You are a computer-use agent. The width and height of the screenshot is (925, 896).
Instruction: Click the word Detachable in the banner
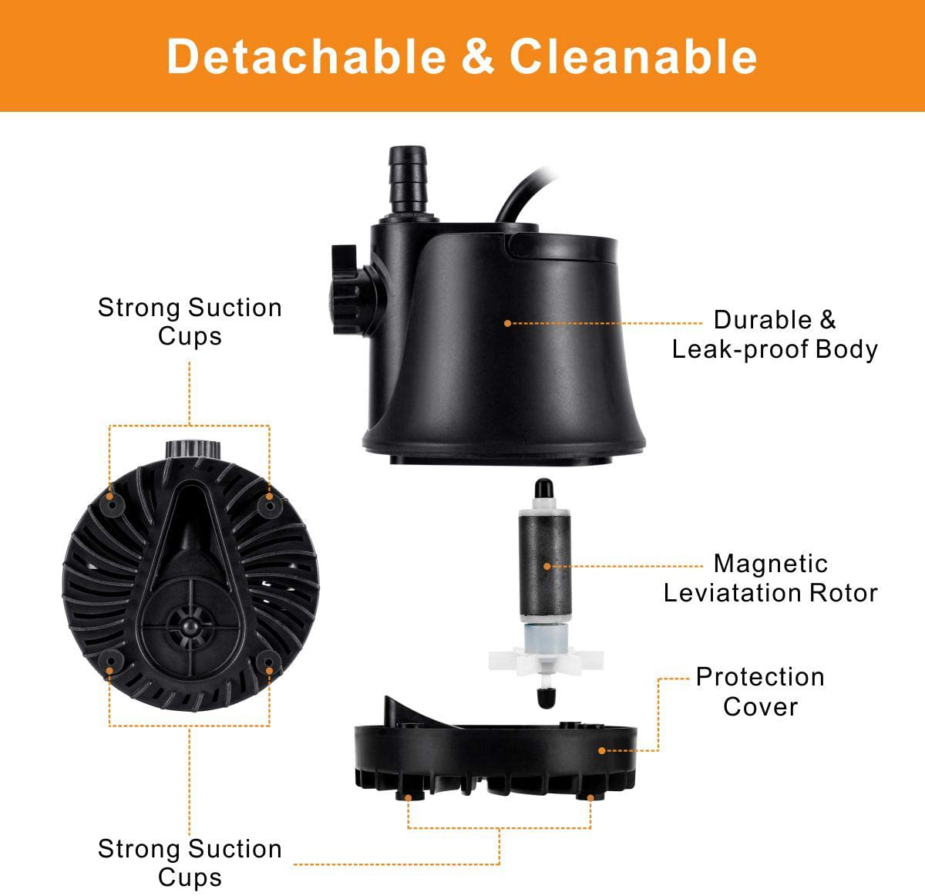click(x=306, y=56)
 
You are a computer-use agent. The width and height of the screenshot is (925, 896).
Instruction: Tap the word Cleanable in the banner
click(x=633, y=56)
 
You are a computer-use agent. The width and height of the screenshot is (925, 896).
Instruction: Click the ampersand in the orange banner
click(x=477, y=56)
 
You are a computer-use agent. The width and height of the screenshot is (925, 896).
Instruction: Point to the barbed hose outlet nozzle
click(x=407, y=180)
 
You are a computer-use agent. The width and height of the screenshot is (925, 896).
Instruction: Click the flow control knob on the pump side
click(x=353, y=290)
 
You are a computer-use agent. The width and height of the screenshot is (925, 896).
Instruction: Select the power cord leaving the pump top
click(x=523, y=195)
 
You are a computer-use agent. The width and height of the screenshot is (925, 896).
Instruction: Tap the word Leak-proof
click(x=740, y=349)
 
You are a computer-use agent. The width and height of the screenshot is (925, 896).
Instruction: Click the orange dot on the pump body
click(x=508, y=323)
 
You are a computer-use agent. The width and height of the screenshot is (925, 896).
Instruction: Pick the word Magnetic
click(x=771, y=564)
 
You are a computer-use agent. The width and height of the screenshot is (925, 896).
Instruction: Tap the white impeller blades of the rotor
click(x=546, y=661)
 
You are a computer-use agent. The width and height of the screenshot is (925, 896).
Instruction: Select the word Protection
click(x=760, y=677)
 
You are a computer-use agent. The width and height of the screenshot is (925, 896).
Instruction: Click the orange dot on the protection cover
click(x=602, y=750)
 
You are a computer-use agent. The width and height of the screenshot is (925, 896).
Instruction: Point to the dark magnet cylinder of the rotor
click(x=545, y=566)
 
